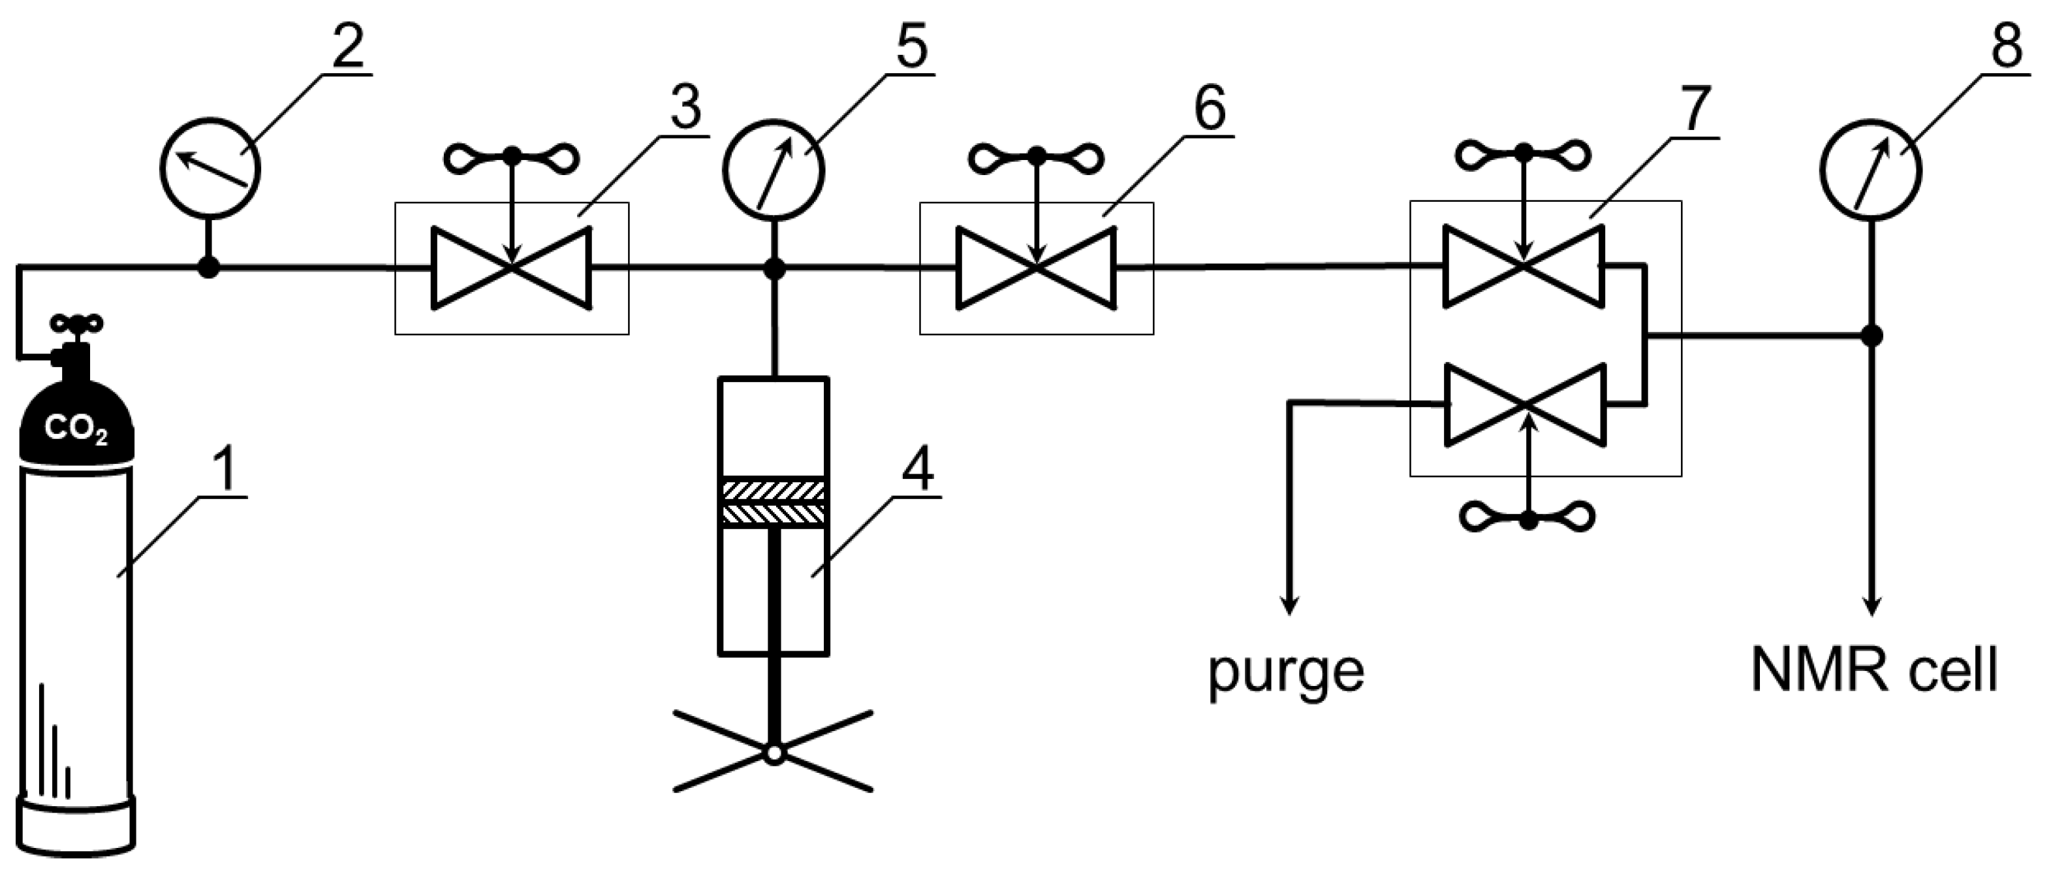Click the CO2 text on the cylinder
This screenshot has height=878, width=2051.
(x=76, y=431)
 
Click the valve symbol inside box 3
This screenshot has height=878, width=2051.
(x=511, y=268)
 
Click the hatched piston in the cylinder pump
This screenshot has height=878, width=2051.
(x=773, y=502)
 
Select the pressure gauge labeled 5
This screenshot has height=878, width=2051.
(x=773, y=170)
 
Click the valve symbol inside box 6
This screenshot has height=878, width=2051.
(x=1036, y=268)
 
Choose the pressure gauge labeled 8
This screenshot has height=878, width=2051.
(x=1870, y=170)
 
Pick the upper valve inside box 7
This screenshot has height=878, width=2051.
(x=1523, y=266)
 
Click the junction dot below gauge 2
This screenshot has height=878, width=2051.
(x=209, y=268)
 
